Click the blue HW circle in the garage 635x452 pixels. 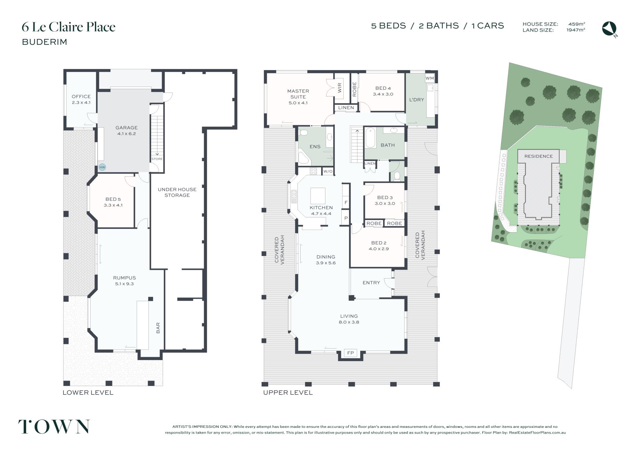tap(102, 167)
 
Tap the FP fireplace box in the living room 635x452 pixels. tap(351, 353)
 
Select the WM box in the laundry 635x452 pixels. tap(430, 78)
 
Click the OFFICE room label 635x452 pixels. tap(81, 96)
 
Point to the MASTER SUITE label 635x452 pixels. tap(298, 94)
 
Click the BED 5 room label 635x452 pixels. tap(113, 199)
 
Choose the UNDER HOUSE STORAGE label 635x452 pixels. tap(177, 192)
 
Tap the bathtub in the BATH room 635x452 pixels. tap(370, 138)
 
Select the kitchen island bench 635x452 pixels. tap(317, 196)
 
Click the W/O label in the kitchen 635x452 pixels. tap(328, 171)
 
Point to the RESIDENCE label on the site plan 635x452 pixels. tap(538, 156)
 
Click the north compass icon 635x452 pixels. tap(610, 29)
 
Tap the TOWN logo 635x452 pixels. tap(54, 427)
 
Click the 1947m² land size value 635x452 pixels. tap(576, 30)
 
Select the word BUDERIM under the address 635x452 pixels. tap(45, 42)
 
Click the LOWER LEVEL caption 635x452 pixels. tap(88, 393)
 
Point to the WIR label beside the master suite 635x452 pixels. tap(339, 88)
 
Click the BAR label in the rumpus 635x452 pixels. tap(158, 328)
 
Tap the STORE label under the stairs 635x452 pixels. tap(157, 159)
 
